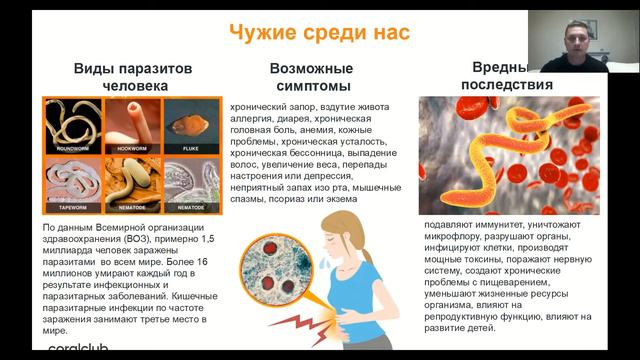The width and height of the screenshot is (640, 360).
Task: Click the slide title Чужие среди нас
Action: pyautogui.click(x=319, y=31)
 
